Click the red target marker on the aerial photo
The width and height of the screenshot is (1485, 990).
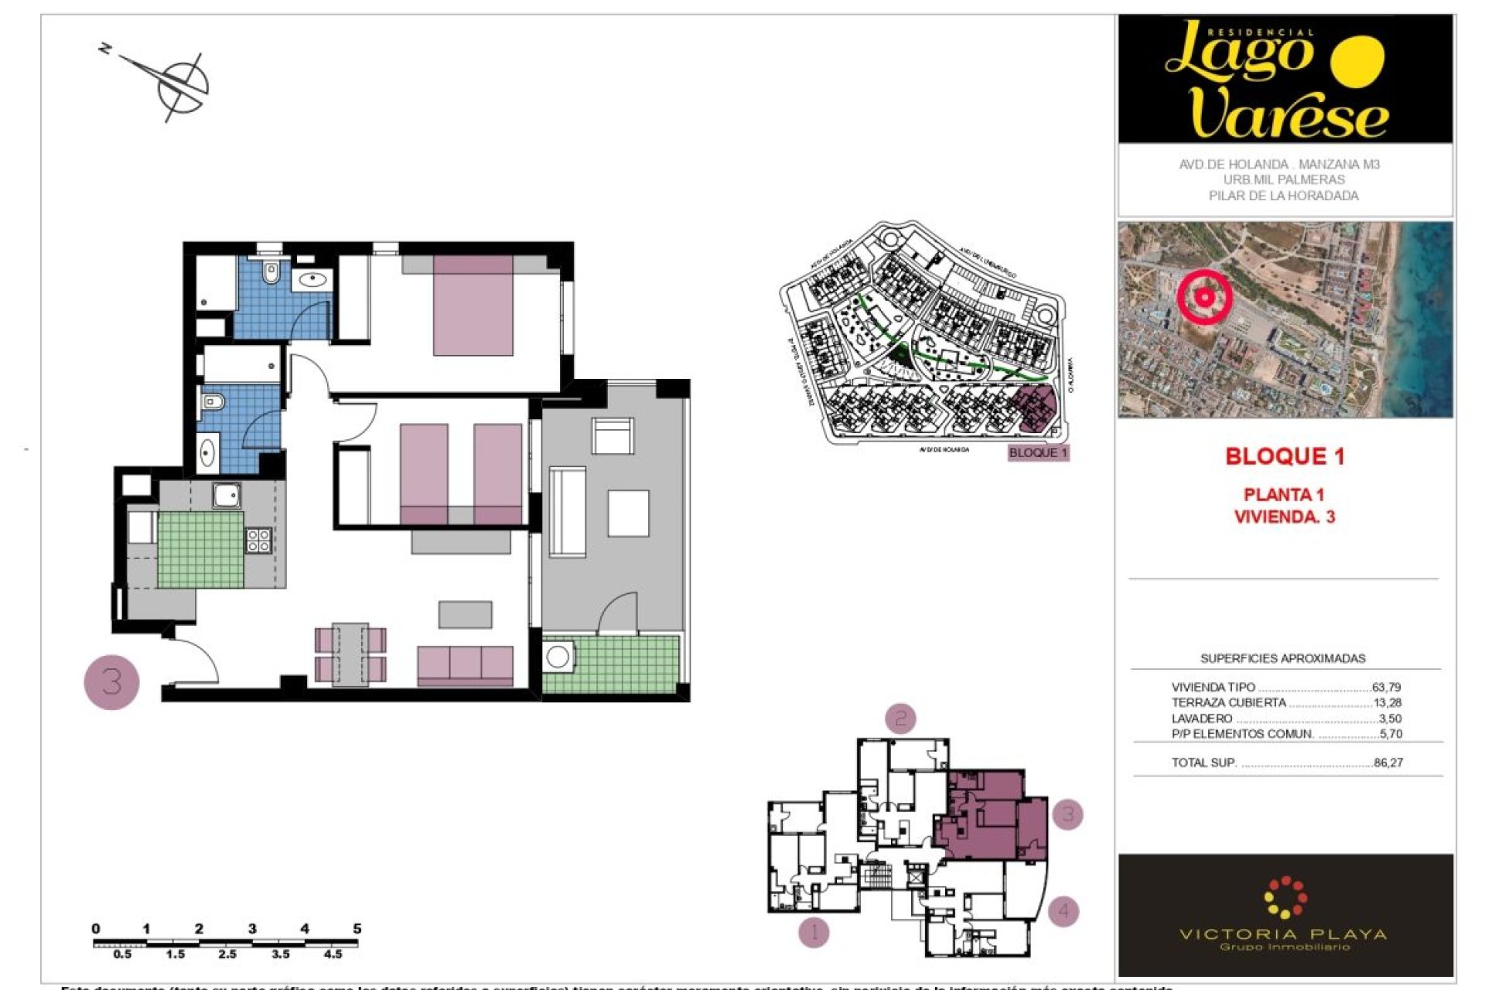click(1204, 296)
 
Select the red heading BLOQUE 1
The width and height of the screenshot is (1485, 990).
click(1285, 456)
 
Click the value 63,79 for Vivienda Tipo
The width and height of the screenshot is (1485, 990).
click(1386, 687)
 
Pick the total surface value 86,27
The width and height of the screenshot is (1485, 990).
click(1388, 763)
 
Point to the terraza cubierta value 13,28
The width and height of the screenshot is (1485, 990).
click(1386, 702)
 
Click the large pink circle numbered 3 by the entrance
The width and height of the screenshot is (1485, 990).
click(111, 682)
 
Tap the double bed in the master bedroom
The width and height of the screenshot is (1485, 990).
click(473, 306)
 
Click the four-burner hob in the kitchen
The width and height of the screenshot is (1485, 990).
click(258, 541)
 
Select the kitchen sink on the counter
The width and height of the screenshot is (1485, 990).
click(227, 495)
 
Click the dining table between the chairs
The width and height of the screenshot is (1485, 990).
click(350, 654)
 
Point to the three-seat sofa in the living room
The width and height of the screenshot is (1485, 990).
click(465, 665)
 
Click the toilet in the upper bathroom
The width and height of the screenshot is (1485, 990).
click(271, 272)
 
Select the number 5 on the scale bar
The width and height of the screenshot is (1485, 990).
click(357, 928)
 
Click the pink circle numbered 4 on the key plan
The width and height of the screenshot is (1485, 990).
click(1063, 910)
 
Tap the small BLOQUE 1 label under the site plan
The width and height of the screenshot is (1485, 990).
click(1038, 452)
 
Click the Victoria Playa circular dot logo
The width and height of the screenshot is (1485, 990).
click(1285, 897)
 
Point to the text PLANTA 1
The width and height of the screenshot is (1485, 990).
click(1284, 494)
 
